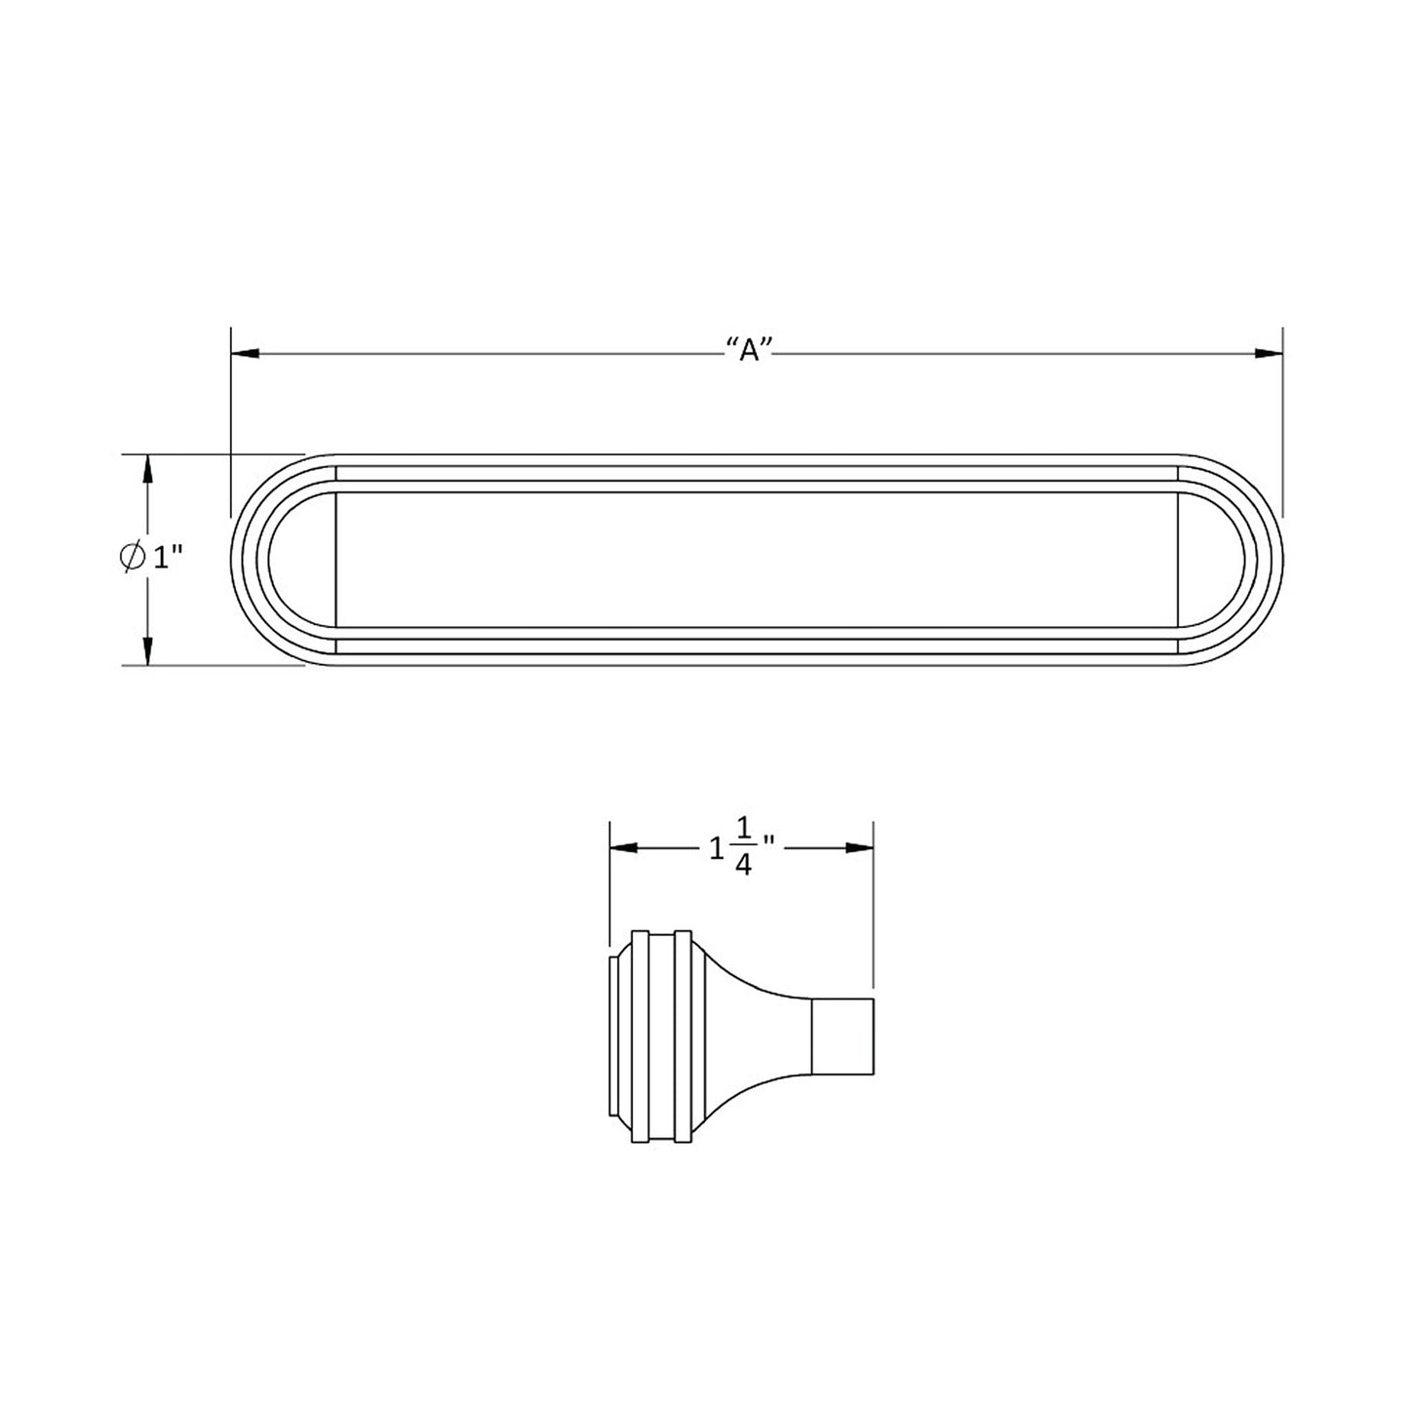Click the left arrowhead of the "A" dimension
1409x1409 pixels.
pos(243,353)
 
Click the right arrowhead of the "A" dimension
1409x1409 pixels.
pos(1269,353)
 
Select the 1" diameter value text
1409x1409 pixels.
pos(168,558)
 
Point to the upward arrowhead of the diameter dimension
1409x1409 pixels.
pos(147,470)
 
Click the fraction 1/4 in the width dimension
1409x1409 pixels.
pos(742,848)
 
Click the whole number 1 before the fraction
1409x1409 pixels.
pos(718,849)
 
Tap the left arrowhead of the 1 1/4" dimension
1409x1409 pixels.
pos(624,848)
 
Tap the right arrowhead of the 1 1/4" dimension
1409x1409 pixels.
pos(859,848)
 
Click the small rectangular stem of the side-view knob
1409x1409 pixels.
pos(842,1037)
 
